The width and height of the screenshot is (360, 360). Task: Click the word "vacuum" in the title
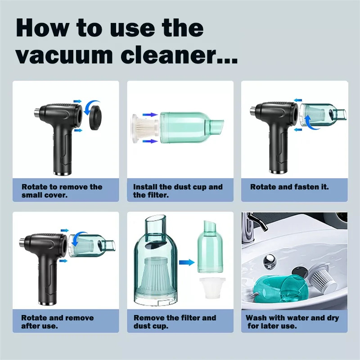coord(64,55)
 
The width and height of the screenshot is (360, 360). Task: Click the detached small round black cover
coord(95,117)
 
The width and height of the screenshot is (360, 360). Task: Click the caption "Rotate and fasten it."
coord(289,187)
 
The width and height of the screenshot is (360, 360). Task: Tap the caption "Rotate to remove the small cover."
coord(62,191)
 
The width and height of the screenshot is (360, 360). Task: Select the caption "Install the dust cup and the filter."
coord(178,191)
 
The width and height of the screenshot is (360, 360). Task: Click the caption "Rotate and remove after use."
coord(58,322)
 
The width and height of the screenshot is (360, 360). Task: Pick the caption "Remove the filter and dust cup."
coord(175,322)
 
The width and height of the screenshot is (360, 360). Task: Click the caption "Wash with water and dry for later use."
coord(292,322)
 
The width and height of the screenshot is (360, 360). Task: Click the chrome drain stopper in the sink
coord(269,261)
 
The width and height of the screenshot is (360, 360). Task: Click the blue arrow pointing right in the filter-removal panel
coord(187,262)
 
